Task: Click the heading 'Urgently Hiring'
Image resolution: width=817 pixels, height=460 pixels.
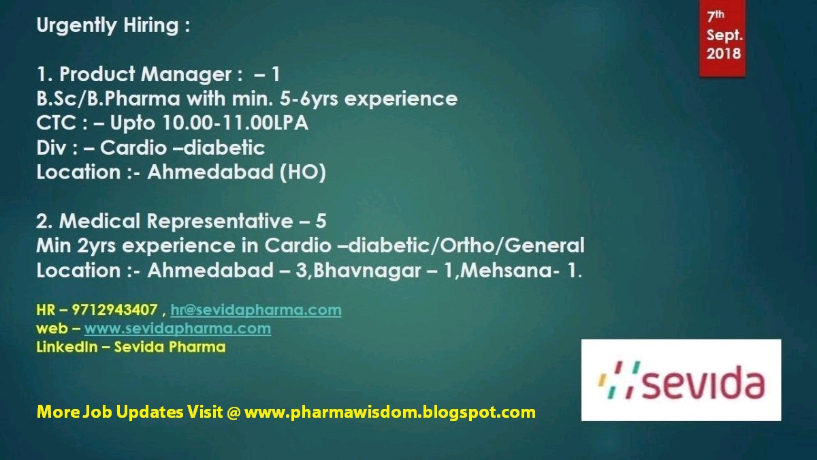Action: click(112, 26)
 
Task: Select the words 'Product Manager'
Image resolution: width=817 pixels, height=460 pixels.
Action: click(146, 74)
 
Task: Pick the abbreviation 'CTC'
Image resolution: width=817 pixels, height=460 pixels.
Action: click(55, 123)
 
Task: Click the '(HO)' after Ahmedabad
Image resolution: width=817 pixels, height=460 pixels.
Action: click(302, 172)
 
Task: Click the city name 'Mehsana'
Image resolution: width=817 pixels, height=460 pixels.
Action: click(513, 270)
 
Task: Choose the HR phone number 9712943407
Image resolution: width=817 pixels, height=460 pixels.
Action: click(116, 311)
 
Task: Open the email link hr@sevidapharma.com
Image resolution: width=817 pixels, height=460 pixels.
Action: click(255, 311)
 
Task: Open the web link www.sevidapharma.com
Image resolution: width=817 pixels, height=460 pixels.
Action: click(177, 328)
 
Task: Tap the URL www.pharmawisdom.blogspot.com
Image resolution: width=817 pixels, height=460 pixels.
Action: click(389, 412)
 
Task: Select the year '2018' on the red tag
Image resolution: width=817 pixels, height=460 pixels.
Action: click(723, 53)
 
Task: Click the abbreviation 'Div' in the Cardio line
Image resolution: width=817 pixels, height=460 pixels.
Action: click(52, 148)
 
